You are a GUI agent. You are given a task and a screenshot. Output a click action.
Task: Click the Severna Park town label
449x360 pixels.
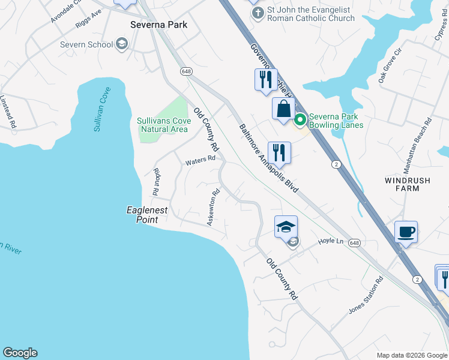tap(159, 25)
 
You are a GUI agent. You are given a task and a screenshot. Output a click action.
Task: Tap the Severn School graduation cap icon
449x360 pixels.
tap(122, 44)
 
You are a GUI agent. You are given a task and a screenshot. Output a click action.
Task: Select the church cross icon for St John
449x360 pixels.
tap(258, 13)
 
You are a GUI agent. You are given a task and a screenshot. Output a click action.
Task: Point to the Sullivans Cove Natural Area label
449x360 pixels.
tap(163, 125)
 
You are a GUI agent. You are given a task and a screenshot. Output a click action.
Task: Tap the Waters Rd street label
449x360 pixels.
tap(200, 160)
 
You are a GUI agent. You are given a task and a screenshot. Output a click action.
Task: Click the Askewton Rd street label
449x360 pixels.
tap(213, 208)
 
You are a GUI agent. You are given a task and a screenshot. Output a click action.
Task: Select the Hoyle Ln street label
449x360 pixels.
tap(330, 241)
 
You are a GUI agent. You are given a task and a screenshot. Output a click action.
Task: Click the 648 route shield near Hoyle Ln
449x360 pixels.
tap(355, 243)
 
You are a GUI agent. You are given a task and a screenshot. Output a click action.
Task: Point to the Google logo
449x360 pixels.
tap(20, 353)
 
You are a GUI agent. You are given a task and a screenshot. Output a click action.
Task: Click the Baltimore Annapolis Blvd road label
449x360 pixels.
tap(268, 158)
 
